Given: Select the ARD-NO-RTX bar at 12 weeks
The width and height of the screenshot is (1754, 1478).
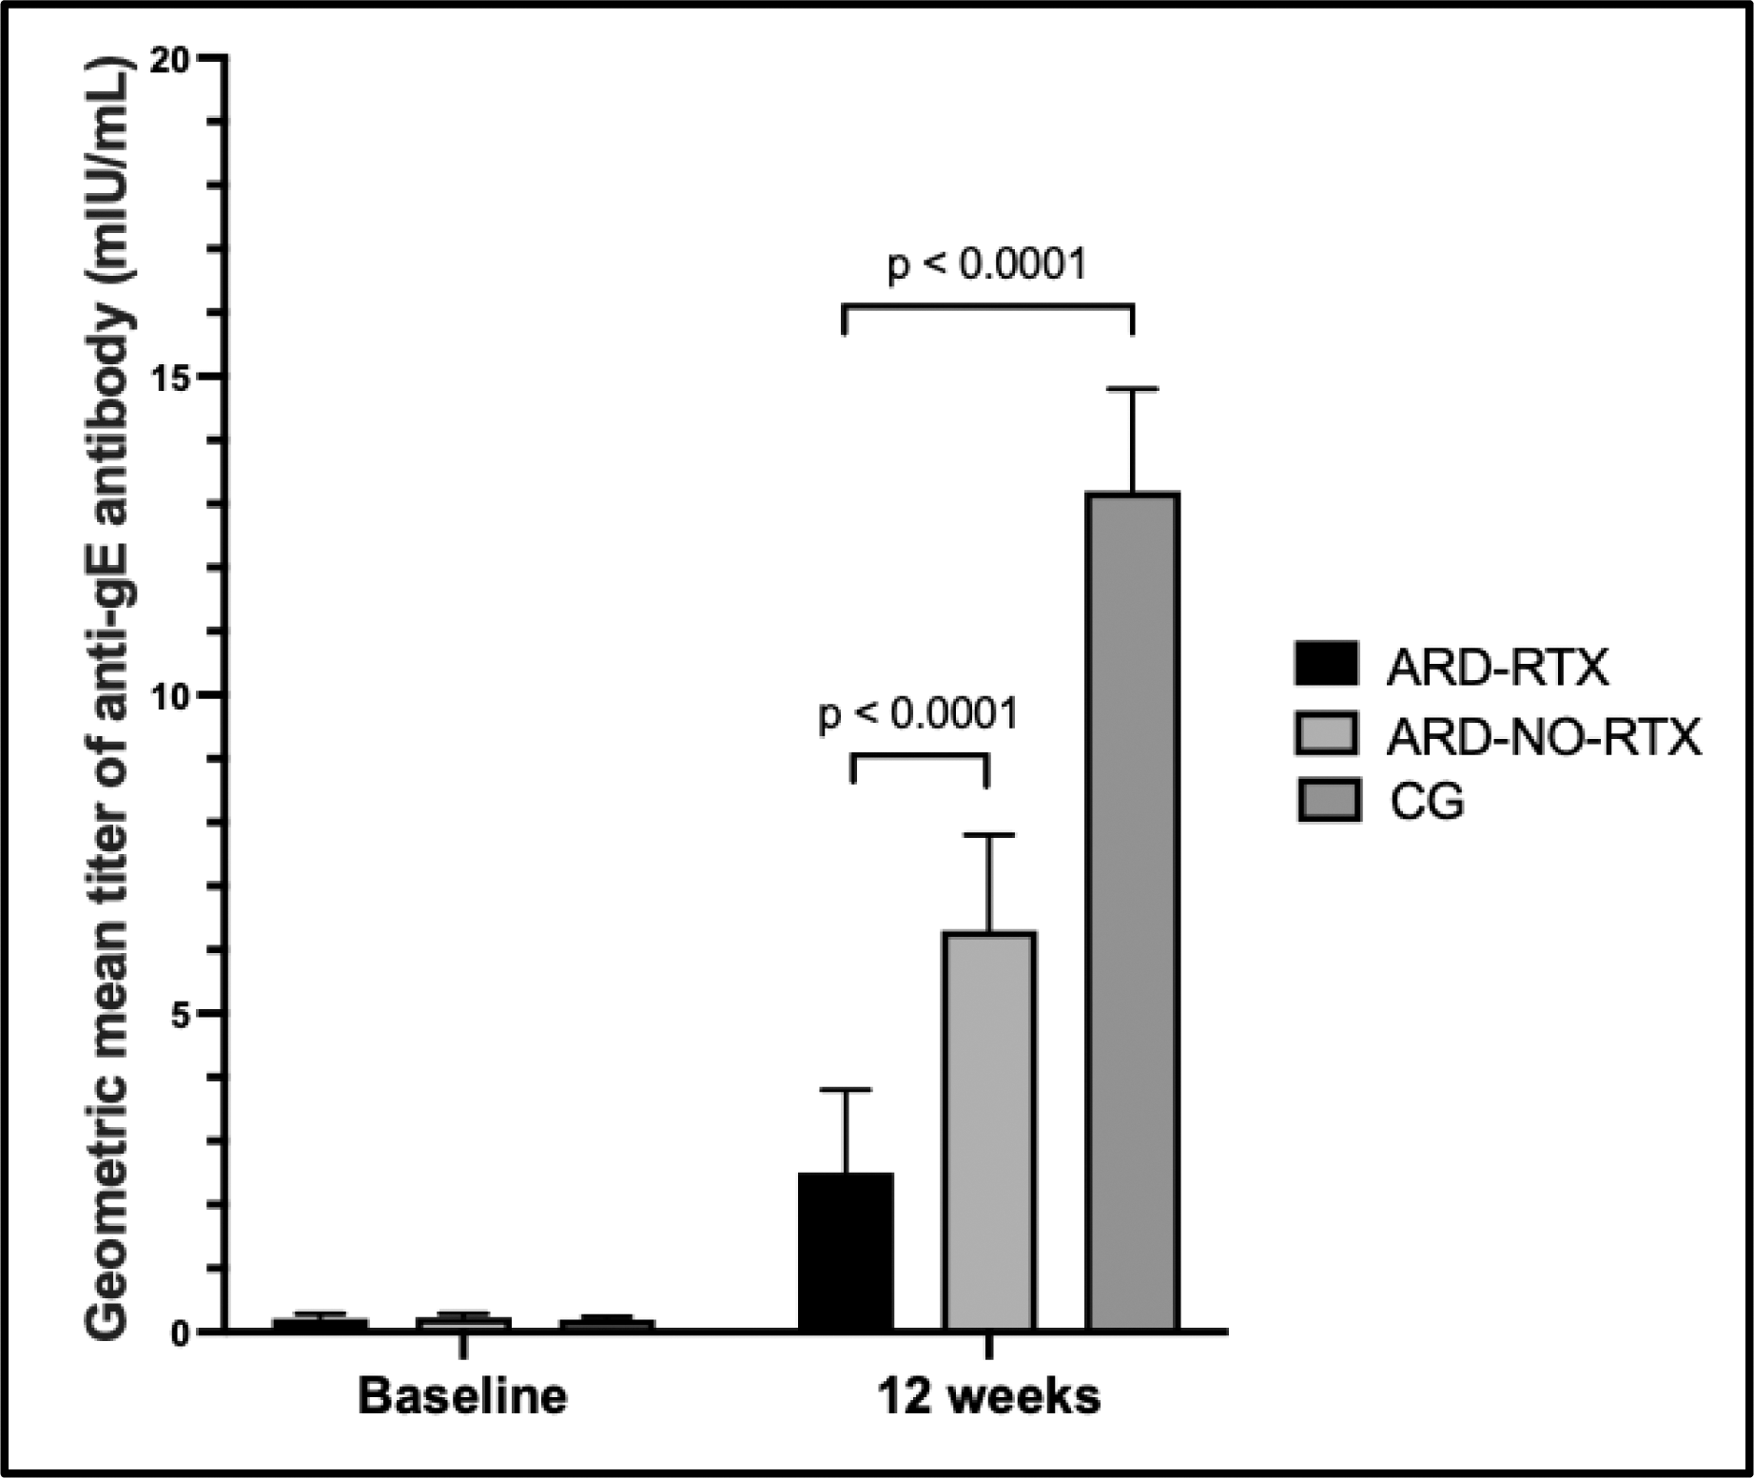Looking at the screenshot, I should coord(988,1131).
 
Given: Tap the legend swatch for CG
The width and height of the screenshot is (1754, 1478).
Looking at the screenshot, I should coord(1326,801).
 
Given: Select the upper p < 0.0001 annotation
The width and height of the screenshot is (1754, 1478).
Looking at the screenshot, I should coord(986,264).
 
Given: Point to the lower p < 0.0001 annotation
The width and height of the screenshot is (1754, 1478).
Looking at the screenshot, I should coord(918,714).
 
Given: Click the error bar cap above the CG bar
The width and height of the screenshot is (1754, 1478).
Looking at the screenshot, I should coord(1132,390).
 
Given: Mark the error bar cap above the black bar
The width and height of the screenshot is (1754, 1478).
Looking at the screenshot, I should coord(845,1090).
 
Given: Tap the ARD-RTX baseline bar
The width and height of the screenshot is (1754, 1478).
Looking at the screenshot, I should coord(320,1324).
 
